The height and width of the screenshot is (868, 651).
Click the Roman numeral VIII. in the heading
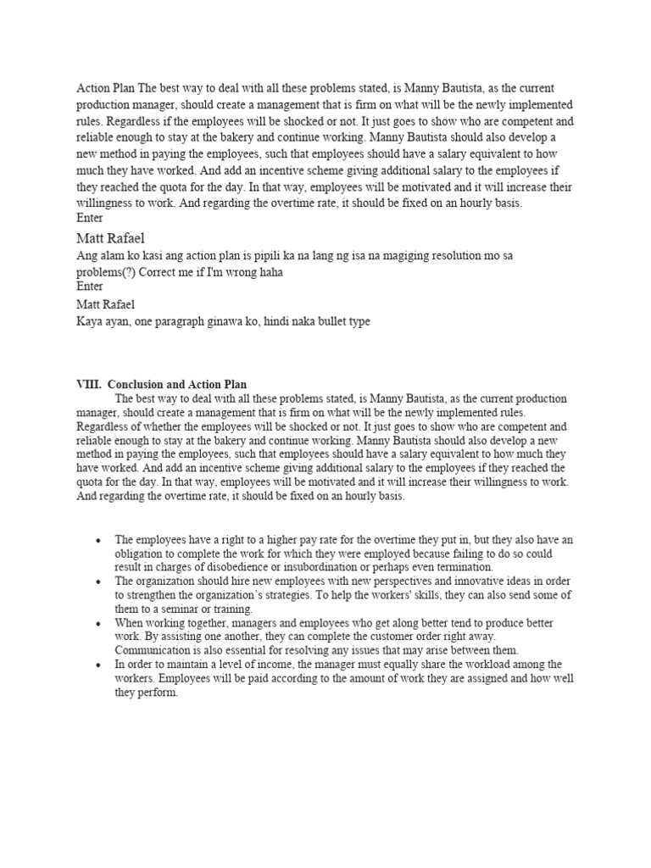(89, 385)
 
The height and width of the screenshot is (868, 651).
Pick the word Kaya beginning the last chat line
(91, 323)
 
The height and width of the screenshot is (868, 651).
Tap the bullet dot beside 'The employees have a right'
(99, 540)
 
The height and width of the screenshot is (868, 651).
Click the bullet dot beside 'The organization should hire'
(99, 581)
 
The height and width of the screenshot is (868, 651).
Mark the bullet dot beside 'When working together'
(99, 623)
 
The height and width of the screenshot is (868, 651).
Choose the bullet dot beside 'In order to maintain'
(99, 665)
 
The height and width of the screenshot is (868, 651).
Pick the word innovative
(419, 581)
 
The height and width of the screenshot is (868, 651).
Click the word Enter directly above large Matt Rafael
(90, 219)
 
